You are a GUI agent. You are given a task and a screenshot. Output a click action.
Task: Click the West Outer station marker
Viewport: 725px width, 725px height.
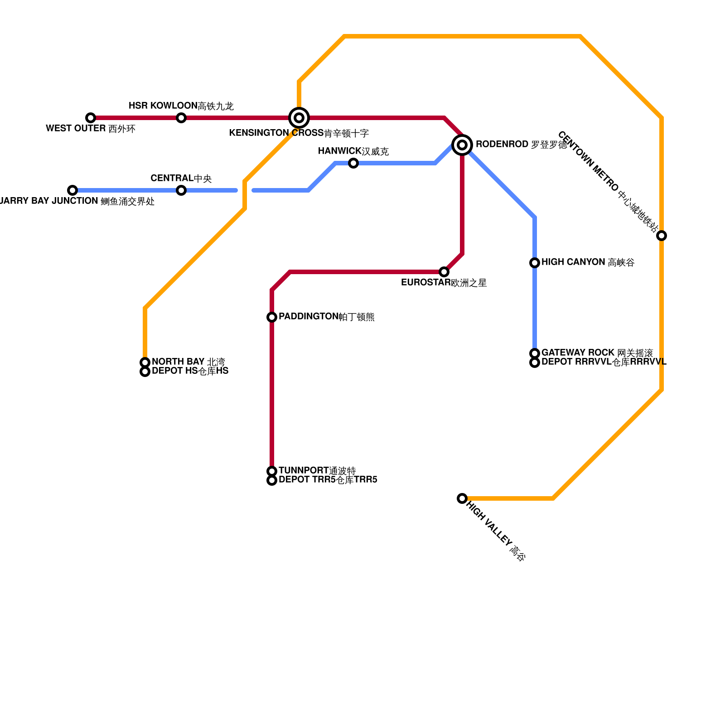(91, 118)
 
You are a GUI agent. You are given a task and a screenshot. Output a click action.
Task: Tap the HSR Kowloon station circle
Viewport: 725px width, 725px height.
(181, 118)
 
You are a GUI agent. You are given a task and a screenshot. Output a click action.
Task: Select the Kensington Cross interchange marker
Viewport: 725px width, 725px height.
(299, 118)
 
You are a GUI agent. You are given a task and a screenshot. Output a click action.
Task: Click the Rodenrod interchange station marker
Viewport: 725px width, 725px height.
(462, 145)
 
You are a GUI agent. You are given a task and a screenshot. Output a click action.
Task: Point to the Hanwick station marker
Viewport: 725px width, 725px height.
(353, 163)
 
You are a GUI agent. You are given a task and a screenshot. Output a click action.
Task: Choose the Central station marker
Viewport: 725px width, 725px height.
(181, 190)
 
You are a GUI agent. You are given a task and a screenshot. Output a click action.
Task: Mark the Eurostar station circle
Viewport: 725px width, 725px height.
(444, 272)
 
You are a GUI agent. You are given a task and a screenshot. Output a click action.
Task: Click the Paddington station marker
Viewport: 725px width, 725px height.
(272, 317)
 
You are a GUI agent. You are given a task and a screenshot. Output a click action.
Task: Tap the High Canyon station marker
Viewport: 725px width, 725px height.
(535, 263)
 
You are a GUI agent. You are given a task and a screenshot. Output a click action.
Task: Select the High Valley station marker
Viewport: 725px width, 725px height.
(462, 498)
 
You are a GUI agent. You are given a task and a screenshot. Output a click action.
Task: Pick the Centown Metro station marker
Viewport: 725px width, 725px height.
(662, 236)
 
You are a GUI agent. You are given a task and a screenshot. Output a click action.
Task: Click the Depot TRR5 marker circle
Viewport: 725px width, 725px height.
(272, 480)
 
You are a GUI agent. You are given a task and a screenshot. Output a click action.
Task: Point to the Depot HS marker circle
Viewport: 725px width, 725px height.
(145, 372)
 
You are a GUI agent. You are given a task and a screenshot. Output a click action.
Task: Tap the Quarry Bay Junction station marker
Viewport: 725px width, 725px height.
(72, 190)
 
